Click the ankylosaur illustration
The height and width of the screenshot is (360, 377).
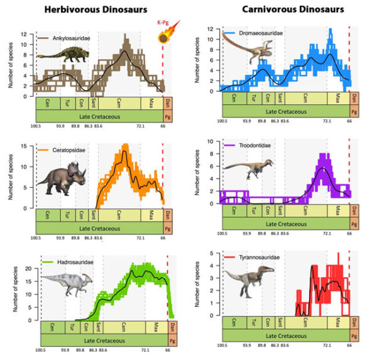[x=58, y=63]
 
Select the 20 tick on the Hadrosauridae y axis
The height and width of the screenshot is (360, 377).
[x=28, y=268]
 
